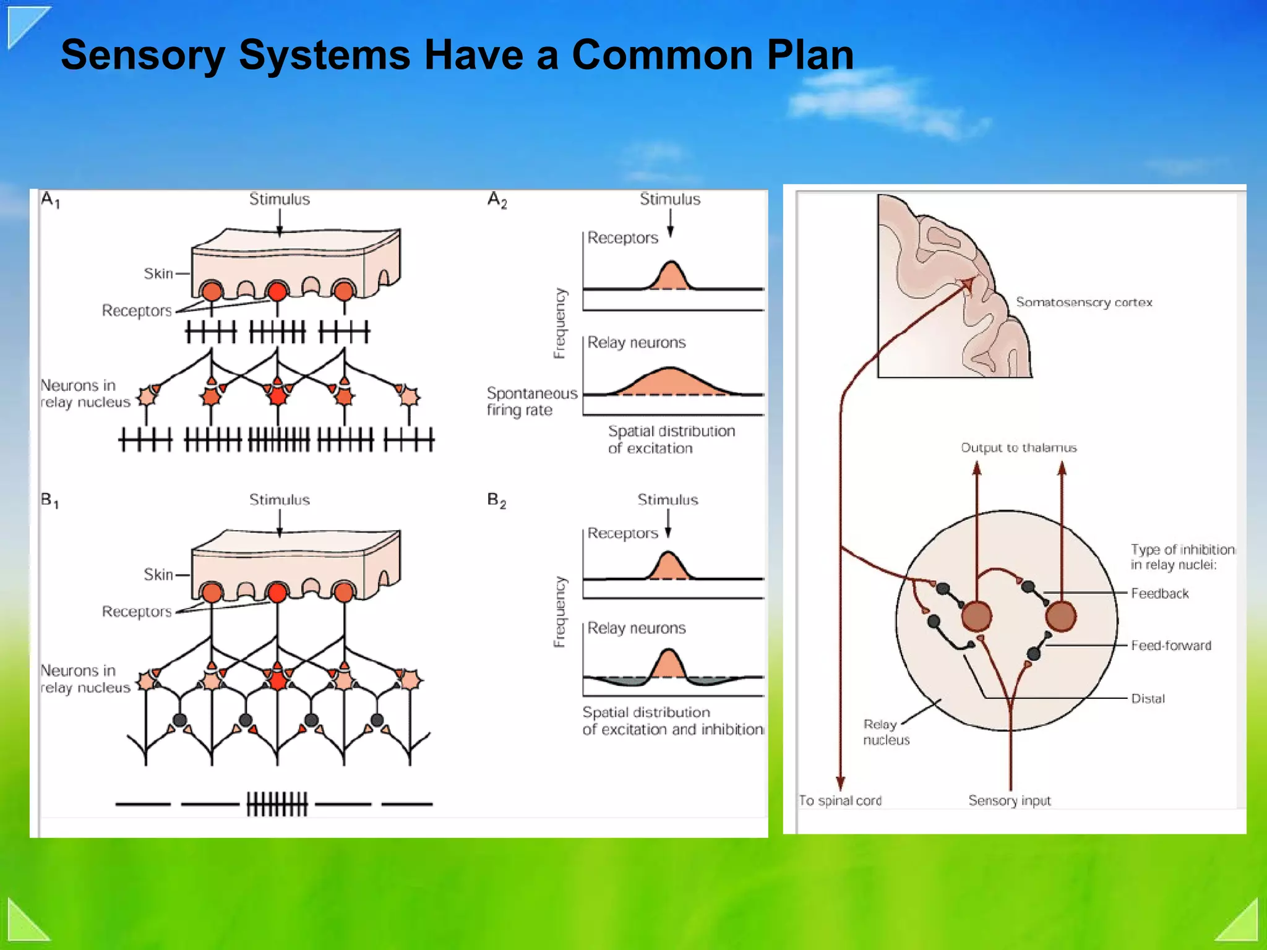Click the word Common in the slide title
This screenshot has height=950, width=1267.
(661, 55)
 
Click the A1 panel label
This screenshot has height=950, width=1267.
(50, 200)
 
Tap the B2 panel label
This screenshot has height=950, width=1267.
(497, 500)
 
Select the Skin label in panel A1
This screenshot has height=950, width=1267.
(158, 273)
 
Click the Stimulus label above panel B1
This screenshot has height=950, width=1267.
(279, 500)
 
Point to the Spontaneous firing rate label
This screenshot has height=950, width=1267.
(531, 401)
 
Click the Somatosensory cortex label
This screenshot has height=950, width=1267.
(1084, 302)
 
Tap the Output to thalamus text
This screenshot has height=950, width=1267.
(1018, 448)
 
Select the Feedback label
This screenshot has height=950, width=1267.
(1159, 594)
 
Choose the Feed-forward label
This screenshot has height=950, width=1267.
(1170, 646)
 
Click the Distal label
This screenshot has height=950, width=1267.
(1148, 699)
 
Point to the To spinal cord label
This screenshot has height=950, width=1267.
(840, 801)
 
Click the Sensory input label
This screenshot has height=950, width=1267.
(1009, 801)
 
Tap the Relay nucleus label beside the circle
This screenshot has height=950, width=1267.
(885, 732)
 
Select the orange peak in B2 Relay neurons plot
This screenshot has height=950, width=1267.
(668, 665)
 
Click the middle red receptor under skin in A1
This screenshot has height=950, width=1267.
(277, 291)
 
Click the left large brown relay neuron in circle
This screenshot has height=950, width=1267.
(976, 616)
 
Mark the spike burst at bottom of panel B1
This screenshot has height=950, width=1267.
(277, 804)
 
